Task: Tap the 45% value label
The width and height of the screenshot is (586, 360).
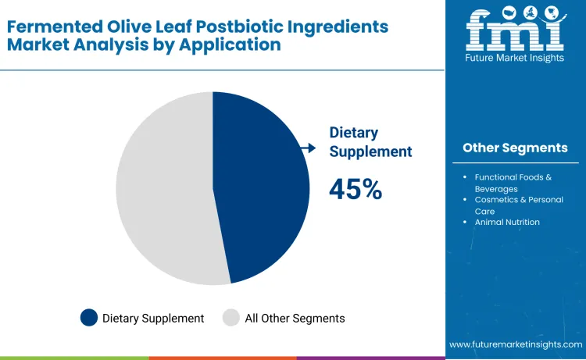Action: click(356, 189)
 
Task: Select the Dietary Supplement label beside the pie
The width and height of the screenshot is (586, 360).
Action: click(370, 142)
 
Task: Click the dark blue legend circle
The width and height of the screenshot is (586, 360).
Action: click(89, 318)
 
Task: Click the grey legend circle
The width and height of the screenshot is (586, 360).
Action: click(231, 318)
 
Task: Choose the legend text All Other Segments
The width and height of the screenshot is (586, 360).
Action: click(295, 318)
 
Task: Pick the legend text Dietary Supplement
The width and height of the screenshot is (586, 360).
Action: click(153, 318)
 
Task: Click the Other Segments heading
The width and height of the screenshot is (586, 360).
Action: click(515, 148)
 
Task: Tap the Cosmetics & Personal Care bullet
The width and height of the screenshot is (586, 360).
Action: click(513, 205)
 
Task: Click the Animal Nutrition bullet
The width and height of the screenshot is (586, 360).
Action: click(507, 222)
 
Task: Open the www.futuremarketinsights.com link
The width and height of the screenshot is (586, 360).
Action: click(516, 344)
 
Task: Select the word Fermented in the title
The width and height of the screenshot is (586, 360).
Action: click(45, 27)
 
